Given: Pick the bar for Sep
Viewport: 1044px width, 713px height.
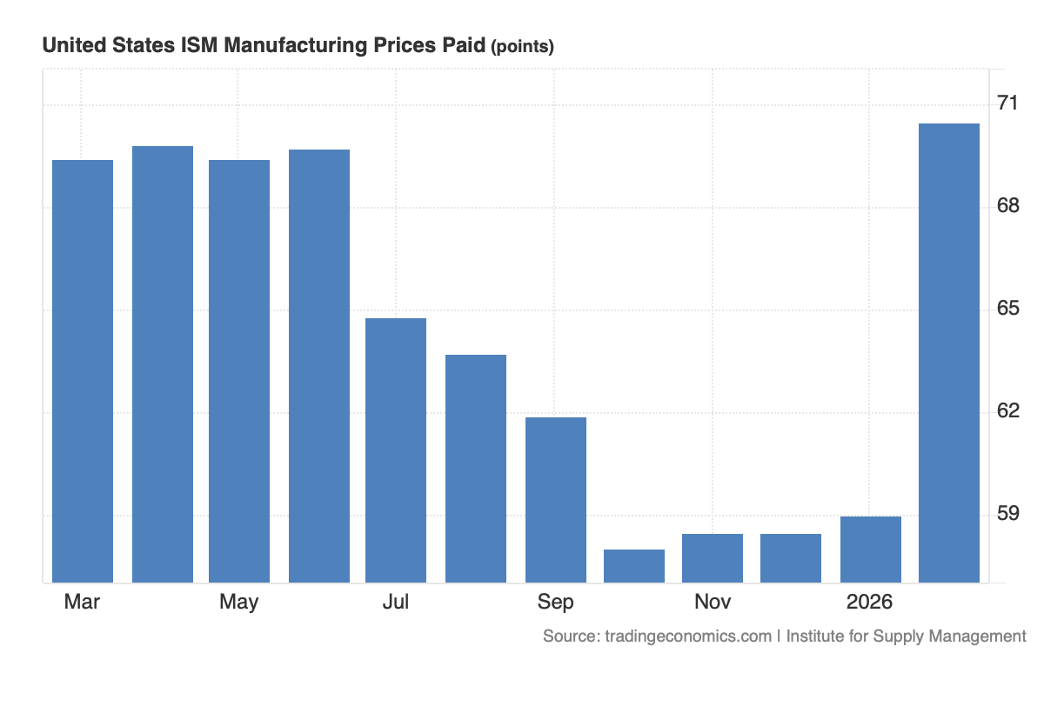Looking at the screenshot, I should click(x=556, y=500).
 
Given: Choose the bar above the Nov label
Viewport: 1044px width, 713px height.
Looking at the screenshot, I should click(x=713, y=558).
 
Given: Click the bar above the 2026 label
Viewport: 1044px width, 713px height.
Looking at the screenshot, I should click(x=871, y=550).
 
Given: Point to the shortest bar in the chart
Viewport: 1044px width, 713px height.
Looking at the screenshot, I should click(x=634, y=566).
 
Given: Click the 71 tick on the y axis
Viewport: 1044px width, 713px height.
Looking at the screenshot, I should click(x=1008, y=103).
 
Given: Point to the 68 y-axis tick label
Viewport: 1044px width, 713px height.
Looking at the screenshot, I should click(x=1008, y=206).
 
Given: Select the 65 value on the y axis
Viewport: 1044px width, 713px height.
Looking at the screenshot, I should click(x=1008, y=309).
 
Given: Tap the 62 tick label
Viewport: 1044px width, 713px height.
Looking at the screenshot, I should click(x=1008, y=410).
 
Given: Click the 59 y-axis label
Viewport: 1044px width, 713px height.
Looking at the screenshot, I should click(x=1008, y=513).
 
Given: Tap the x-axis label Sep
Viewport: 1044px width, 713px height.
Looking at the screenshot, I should click(x=555, y=602).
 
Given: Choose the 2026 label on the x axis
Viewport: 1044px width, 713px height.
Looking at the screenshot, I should click(x=870, y=602).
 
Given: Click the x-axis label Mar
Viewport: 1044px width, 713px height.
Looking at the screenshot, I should click(x=82, y=602).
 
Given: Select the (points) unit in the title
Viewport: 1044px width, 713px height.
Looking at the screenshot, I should click(x=522, y=47).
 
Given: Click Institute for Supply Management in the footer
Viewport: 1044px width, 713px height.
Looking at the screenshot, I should click(x=906, y=636).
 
